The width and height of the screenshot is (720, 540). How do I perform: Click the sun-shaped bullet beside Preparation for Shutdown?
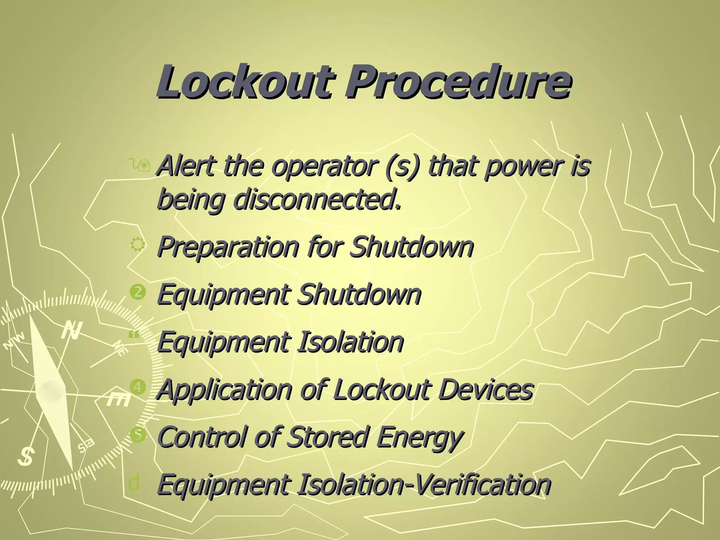(137, 244)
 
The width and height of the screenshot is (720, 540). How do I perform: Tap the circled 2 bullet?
(137, 292)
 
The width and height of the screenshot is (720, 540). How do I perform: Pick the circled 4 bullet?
(137, 387)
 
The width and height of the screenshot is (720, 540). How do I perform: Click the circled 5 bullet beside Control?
(137, 435)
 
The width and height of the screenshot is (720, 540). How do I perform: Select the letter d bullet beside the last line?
(134, 482)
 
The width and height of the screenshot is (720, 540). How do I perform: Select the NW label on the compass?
(15, 341)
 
